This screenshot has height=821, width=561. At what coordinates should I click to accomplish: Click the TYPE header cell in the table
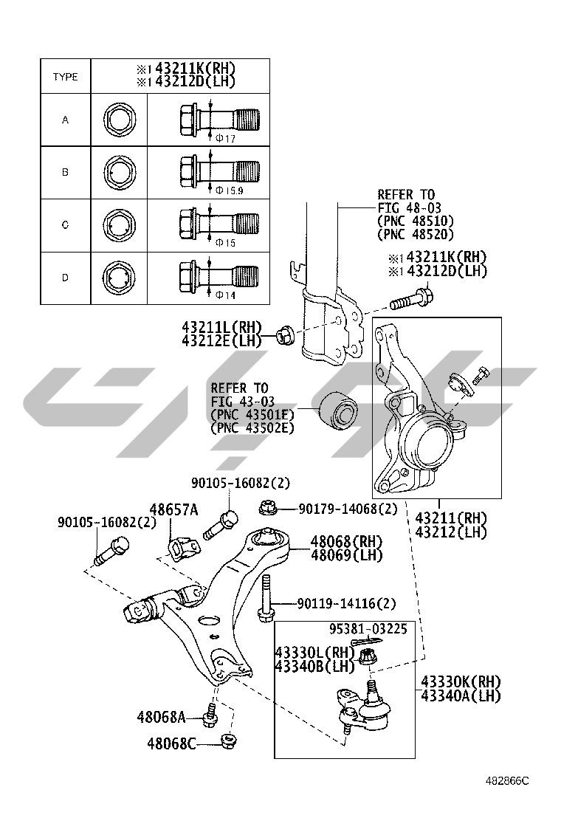(x=65, y=77)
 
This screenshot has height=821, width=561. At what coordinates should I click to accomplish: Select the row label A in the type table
(x=65, y=120)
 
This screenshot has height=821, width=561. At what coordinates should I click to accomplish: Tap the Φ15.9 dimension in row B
(x=230, y=190)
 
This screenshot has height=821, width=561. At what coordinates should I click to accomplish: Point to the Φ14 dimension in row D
(x=227, y=295)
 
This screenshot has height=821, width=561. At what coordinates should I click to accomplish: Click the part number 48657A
(x=173, y=509)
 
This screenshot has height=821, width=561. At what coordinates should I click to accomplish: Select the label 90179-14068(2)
(x=348, y=509)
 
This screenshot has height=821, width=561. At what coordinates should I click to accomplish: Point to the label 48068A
(x=160, y=716)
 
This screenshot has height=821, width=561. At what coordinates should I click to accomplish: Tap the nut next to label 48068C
(x=228, y=739)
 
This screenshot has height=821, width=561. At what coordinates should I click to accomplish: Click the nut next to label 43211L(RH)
(x=286, y=336)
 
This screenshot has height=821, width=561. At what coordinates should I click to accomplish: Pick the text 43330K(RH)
(x=461, y=681)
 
